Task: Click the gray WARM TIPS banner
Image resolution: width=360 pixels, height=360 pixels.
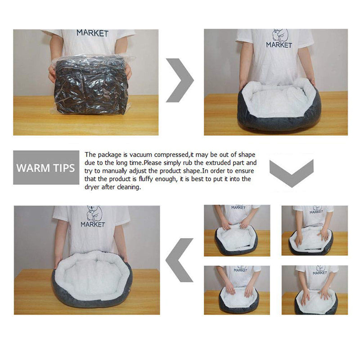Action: point(46,168)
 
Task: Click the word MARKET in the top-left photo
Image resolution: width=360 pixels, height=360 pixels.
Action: point(92,33)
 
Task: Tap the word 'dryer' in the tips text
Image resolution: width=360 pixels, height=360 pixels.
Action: point(94,187)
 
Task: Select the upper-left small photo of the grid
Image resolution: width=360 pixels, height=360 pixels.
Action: point(237,230)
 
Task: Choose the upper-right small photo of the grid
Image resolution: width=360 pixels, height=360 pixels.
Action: point(315,230)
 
